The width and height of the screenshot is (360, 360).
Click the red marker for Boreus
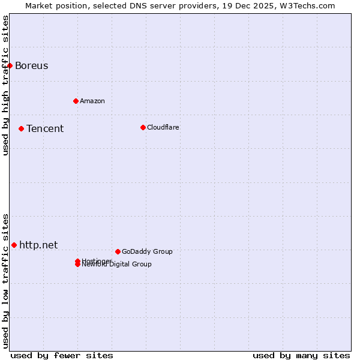point(10,65)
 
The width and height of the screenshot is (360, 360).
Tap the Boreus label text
point(31,66)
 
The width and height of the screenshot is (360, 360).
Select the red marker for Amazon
point(76,101)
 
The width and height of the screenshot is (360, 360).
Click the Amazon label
point(92,101)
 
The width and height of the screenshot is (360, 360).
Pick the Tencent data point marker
point(21,128)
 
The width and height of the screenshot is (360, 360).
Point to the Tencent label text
point(44,129)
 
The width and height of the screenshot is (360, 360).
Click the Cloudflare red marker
point(143,127)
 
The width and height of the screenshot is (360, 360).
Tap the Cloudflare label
point(163,127)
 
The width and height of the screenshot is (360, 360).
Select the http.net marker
point(14,245)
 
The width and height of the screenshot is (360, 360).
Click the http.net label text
point(38,245)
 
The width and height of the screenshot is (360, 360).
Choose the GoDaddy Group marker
point(118,251)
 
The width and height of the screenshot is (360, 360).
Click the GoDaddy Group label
point(146,251)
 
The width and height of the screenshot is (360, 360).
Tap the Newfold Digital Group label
point(116,265)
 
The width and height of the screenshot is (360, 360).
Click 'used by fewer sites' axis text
point(62,355)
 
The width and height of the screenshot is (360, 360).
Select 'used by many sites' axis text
point(301,355)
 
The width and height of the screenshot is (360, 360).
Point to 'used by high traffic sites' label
point(5,85)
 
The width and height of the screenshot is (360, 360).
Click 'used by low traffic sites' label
point(5,280)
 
